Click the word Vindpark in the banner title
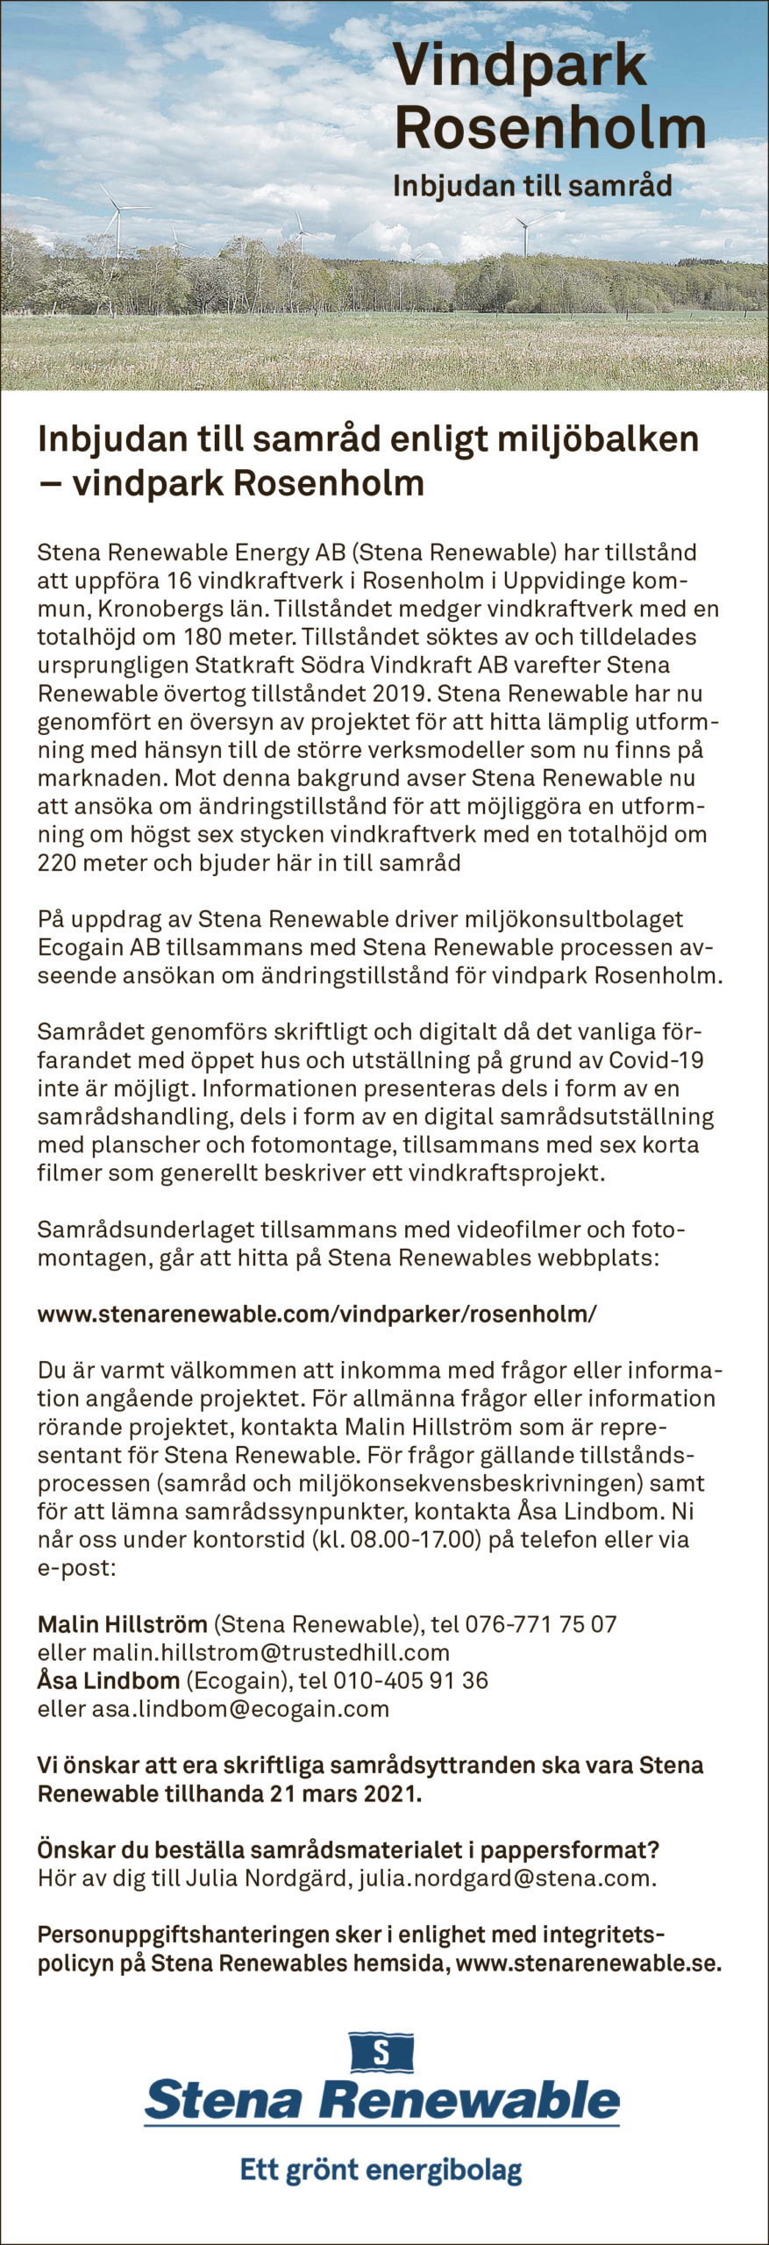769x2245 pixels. pyautogui.click(x=520, y=68)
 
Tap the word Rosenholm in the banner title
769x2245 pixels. pyautogui.click(x=550, y=128)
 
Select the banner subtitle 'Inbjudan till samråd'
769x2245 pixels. pyautogui.click(x=532, y=186)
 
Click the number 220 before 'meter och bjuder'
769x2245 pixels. pyautogui.click(x=56, y=862)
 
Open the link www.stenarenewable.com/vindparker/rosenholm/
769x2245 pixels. pyautogui.click(x=317, y=1314)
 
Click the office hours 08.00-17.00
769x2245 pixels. pyautogui.click(x=417, y=1539)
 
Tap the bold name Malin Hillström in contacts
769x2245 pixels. pyautogui.click(x=122, y=1624)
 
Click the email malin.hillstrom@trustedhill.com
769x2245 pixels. pyautogui.click(x=271, y=1652)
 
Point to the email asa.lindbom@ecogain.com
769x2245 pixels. pyautogui.click(x=240, y=1708)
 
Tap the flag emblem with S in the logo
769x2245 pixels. pyautogui.click(x=381, y=2051)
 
